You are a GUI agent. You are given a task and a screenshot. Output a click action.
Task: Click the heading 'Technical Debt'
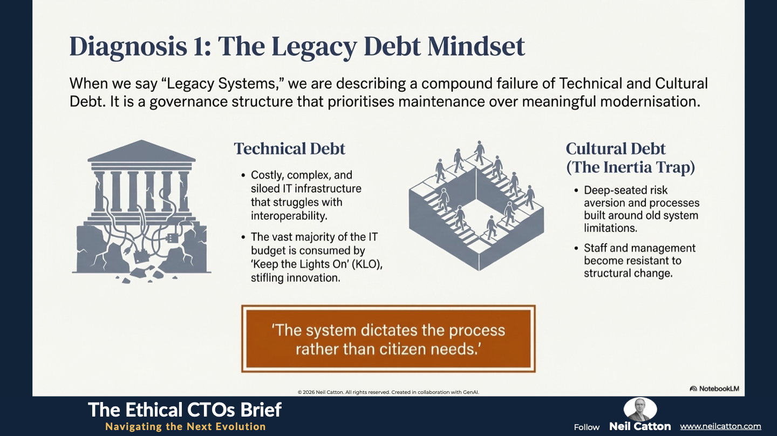pyautogui.click(x=290, y=149)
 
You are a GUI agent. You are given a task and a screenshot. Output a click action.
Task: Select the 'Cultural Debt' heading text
pyautogui.click(x=616, y=149)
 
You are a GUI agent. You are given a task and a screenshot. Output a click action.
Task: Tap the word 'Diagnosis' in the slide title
pyautogui.click(x=128, y=47)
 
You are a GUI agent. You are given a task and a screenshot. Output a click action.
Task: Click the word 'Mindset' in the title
pyautogui.click(x=476, y=46)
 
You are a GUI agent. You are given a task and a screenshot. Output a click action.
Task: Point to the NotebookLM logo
pyautogui.click(x=714, y=389)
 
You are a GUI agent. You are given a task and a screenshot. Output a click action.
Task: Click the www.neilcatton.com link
pyautogui.click(x=720, y=426)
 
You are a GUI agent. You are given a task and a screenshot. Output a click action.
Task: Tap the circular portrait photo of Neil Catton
pyautogui.click(x=640, y=410)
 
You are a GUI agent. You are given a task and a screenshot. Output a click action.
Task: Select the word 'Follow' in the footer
pyautogui.click(x=587, y=427)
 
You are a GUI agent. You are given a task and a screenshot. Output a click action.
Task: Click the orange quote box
pyautogui.click(x=388, y=339)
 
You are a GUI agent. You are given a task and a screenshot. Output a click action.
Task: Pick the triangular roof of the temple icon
pyautogui.click(x=141, y=151)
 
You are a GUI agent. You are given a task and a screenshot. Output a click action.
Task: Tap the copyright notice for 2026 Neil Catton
pyautogui.click(x=388, y=392)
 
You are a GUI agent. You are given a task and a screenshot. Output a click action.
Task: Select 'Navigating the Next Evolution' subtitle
pyautogui.click(x=186, y=426)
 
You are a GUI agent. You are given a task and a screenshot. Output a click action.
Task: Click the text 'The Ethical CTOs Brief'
pyautogui.click(x=185, y=410)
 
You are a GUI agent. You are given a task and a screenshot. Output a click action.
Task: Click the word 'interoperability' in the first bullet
pyautogui.click(x=288, y=216)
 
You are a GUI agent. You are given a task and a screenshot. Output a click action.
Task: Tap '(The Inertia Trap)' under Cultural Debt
pyautogui.click(x=631, y=167)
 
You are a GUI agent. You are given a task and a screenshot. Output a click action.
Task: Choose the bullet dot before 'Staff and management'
pyautogui.click(x=576, y=248)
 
